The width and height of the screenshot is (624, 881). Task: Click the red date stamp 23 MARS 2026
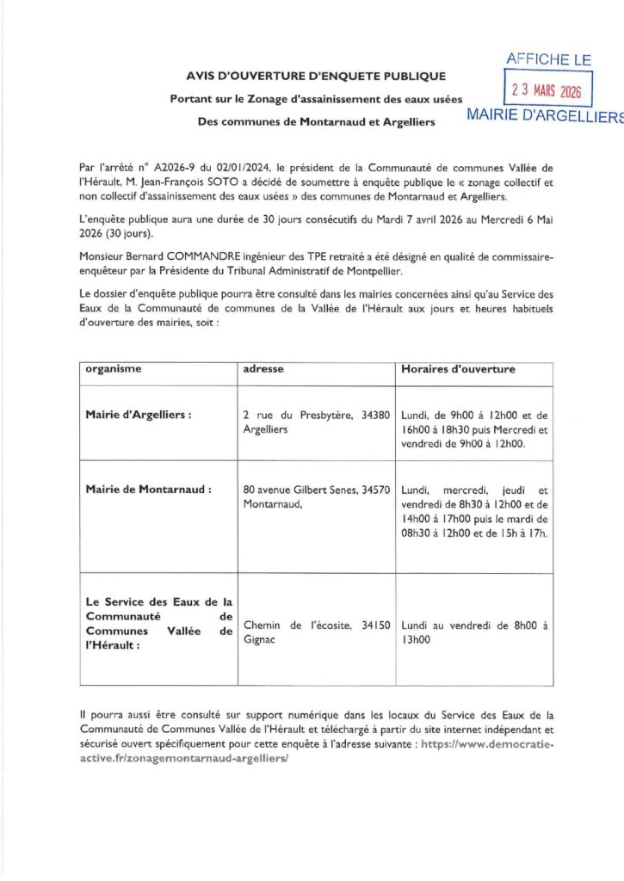[x=547, y=89]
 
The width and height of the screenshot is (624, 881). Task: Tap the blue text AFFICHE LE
[x=548, y=59]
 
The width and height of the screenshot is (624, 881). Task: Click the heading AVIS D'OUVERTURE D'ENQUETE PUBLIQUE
[x=316, y=77]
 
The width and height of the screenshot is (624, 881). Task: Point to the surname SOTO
[x=286, y=182]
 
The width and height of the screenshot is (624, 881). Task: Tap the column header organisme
[x=114, y=369]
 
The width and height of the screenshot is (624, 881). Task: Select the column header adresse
[x=263, y=369]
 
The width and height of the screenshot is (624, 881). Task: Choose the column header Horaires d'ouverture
[x=458, y=369]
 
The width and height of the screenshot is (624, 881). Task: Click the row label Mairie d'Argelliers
[x=138, y=414]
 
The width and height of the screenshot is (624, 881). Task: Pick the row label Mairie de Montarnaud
[x=148, y=489]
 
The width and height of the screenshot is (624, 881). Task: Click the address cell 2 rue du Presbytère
[x=317, y=421]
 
